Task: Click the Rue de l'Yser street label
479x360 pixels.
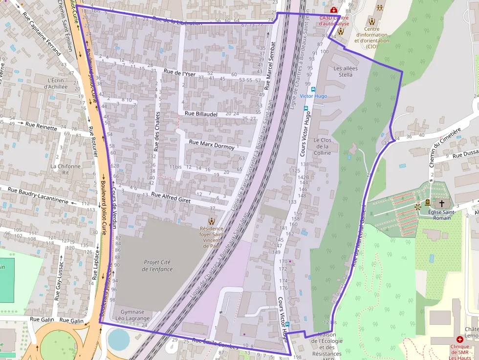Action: coord(179,73)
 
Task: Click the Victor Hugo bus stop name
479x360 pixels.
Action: coord(313,96)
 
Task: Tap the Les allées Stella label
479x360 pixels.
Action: coord(345,71)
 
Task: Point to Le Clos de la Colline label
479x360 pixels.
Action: coord(323,147)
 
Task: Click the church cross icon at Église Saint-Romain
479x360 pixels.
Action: coord(442,203)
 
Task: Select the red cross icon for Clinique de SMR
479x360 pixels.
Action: coord(459,339)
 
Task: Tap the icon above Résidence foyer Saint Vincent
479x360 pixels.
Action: coord(211,221)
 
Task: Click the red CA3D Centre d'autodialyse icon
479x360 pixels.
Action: coord(333,10)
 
